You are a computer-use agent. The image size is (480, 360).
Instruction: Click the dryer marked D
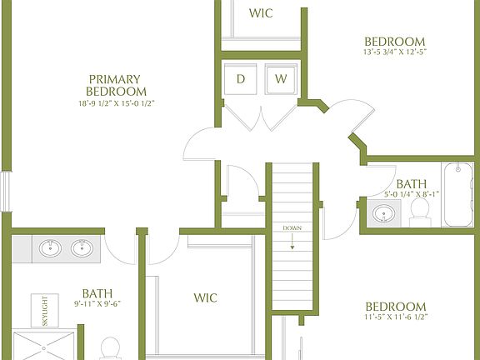click(x=242, y=80)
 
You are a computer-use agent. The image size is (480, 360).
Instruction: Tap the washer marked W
click(x=282, y=80)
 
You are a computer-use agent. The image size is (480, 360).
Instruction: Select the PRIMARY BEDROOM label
click(x=117, y=85)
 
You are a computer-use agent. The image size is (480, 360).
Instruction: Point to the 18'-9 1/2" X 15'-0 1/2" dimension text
click(x=117, y=104)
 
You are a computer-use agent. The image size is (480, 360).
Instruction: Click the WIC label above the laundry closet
click(x=262, y=13)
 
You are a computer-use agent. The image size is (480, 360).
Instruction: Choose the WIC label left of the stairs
click(x=205, y=297)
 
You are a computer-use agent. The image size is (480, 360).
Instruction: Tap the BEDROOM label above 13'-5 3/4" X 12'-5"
click(x=395, y=42)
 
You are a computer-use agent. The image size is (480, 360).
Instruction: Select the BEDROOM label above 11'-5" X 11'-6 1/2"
click(x=395, y=307)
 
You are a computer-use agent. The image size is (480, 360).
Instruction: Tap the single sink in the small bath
click(x=384, y=214)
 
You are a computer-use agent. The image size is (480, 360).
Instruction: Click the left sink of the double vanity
click(x=50, y=248)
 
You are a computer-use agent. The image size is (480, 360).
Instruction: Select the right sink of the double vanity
click(x=82, y=248)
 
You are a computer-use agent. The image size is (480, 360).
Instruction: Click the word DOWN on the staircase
click(x=292, y=228)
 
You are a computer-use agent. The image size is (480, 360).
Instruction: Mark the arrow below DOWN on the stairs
click(x=292, y=242)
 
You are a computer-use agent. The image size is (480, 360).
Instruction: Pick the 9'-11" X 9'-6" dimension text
click(x=97, y=304)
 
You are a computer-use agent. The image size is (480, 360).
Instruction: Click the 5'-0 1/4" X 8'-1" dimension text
click(x=412, y=195)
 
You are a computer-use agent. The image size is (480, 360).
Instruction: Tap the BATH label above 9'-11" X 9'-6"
click(x=97, y=293)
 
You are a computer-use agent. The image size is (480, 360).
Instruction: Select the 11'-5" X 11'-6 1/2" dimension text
click(x=395, y=318)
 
